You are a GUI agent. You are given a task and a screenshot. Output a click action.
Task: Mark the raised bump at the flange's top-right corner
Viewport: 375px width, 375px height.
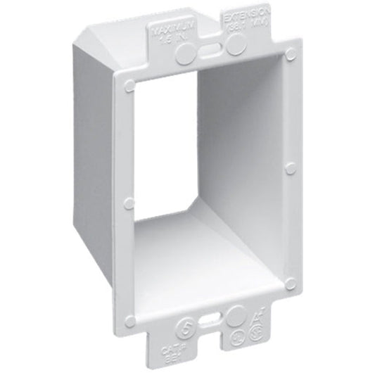[x=289, y=51]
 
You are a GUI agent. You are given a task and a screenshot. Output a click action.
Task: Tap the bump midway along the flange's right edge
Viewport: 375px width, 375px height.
[x=291, y=169]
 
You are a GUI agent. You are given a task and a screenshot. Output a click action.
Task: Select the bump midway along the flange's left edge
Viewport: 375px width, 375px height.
[x=128, y=203]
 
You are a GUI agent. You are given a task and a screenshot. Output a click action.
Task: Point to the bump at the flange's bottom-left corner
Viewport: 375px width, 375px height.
[x=129, y=321]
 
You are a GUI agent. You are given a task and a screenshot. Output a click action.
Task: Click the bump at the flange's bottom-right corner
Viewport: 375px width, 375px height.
[x=291, y=283]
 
